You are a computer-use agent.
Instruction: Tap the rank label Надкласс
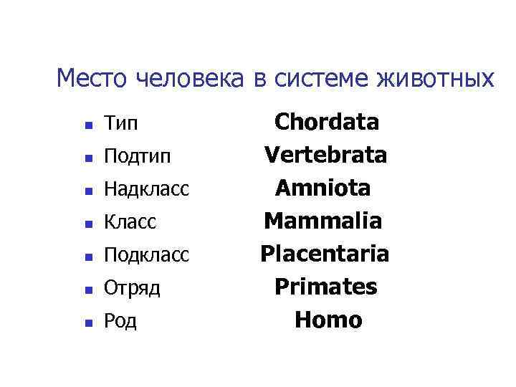[x=147, y=189]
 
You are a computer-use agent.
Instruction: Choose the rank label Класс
[x=130, y=222]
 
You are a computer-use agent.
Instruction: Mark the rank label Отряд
[x=132, y=288]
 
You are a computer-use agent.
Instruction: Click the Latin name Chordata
[x=327, y=122]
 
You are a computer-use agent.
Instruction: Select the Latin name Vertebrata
[x=326, y=155]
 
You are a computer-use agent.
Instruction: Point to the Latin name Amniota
[x=324, y=188]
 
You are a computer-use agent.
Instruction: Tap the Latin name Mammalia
[x=323, y=221]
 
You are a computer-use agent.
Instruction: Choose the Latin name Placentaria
[x=325, y=254]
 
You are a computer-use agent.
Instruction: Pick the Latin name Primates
[x=326, y=287]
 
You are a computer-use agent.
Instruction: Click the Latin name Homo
[x=328, y=320]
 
